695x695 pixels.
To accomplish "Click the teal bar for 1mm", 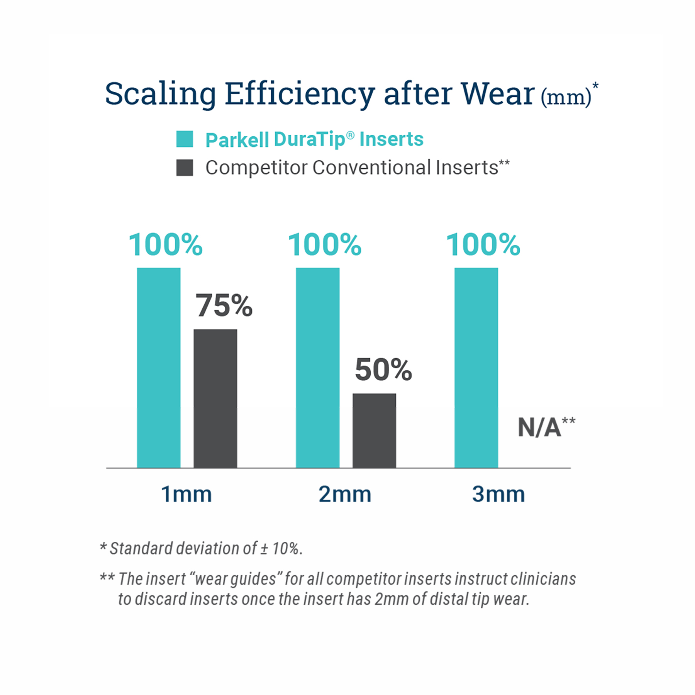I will [159, 367].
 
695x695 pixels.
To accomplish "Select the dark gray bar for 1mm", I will [215, 398].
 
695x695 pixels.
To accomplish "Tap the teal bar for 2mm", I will [317, 367].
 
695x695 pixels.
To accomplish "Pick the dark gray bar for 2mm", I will [374, 430].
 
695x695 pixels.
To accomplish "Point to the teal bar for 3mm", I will [476, 367].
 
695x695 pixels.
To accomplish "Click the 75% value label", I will [224, 305].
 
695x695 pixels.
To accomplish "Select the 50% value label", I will [383, 370].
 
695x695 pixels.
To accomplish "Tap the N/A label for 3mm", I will [539, 427].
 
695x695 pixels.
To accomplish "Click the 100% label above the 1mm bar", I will [165, 245].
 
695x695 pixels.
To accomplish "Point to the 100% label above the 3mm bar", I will [483, 245].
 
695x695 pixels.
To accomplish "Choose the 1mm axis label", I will [186, 494].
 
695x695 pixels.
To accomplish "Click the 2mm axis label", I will [345, 494].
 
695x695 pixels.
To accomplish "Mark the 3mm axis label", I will [498, 494].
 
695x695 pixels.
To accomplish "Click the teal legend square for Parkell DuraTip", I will [185, 139].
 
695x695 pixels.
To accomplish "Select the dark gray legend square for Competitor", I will [185, 168].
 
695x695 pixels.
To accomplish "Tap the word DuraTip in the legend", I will [309, 139].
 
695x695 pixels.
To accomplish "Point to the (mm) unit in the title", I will [566, 97].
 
